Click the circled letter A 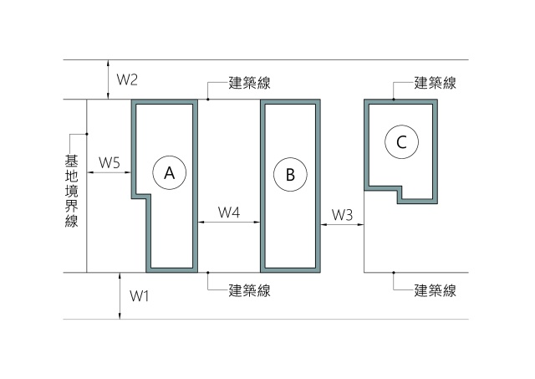tap(169, 173)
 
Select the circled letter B tap(290, 174)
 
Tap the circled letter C tap(401, 142)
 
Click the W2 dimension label tap(127, 80)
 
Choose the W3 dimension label tap(343, 215)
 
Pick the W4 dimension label tap(229, 213)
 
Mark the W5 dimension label tap(110, 161)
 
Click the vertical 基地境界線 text tap(71, 190)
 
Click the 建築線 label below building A tap(249, 291)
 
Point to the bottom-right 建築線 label tap(436, 291)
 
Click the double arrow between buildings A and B tap(229, 223)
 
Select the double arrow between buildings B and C tap(344, 224)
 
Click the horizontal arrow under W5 tap(110, 173)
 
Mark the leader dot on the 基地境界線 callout tap(86, 134)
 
